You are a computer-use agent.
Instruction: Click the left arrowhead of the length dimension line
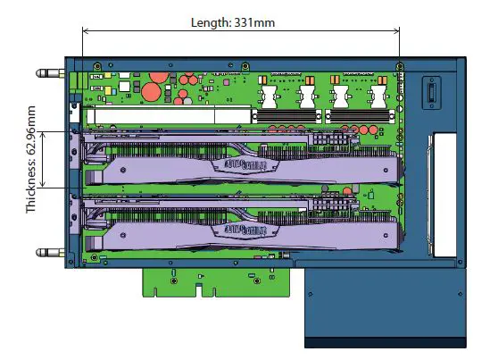click(x=86, y=31)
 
